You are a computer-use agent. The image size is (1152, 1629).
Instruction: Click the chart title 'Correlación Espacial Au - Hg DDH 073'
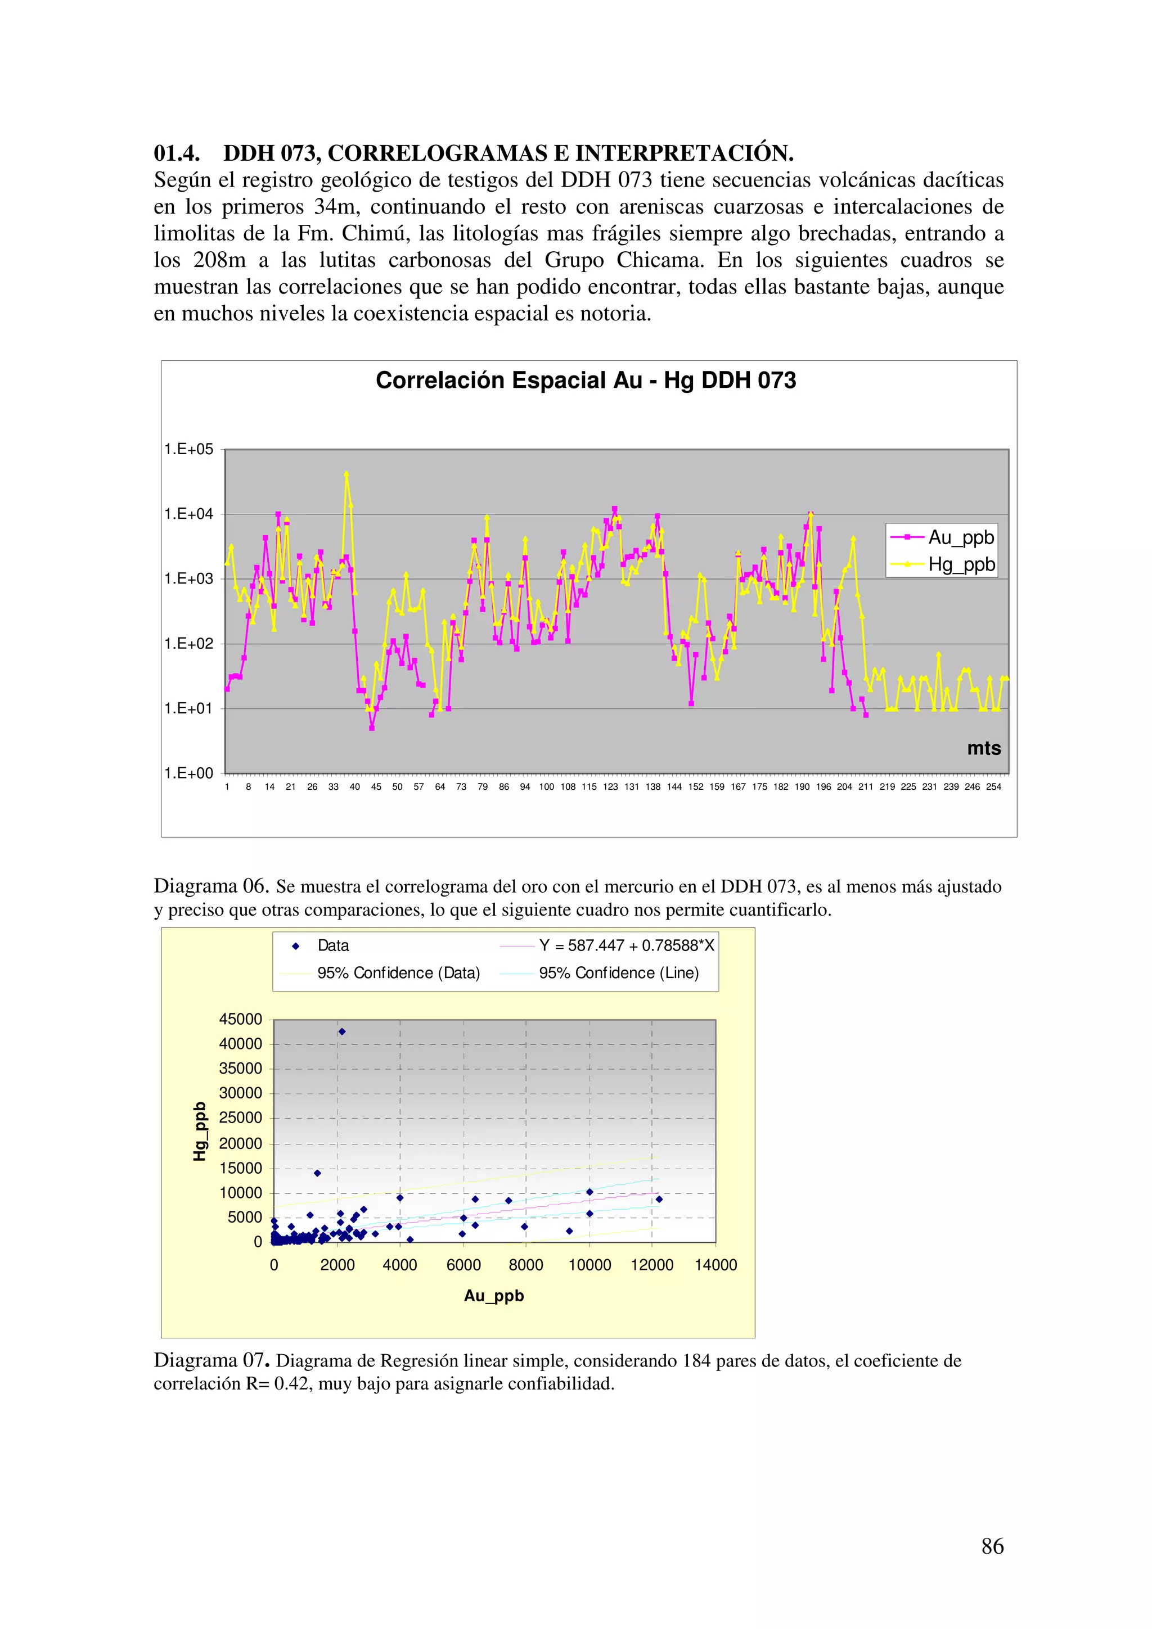coord(586,381)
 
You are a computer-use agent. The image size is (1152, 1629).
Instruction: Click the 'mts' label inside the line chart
coord(984,749)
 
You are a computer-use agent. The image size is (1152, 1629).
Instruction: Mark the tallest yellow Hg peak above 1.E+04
coord(346,474)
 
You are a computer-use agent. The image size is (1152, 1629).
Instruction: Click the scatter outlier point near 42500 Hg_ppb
coord(341,1031)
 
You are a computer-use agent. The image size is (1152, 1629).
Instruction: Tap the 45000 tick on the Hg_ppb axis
coord(241,1020)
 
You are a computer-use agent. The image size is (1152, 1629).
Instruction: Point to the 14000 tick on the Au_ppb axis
coord(715,1265)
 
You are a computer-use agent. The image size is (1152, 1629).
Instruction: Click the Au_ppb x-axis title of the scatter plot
coord(494,1296)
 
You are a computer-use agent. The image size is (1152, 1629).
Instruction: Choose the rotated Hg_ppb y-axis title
coord(200,1131)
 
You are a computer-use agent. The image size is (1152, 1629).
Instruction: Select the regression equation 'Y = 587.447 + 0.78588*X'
coord(626,946)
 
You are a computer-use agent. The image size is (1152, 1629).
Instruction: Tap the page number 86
coord(992,1546)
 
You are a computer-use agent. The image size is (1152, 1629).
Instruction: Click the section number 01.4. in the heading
coord(177,153)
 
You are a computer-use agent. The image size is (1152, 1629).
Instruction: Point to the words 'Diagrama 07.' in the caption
coord(211,1360)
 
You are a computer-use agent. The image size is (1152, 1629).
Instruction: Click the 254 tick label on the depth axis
coord(993,787)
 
